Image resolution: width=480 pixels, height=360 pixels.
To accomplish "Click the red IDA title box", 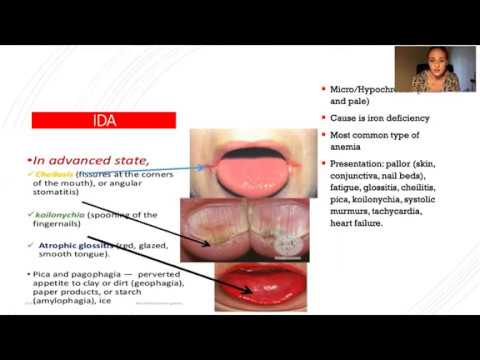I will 104,120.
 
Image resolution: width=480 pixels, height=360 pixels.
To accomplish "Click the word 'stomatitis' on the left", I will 65,194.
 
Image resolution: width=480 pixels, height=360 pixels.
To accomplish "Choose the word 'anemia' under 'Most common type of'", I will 340,148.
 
